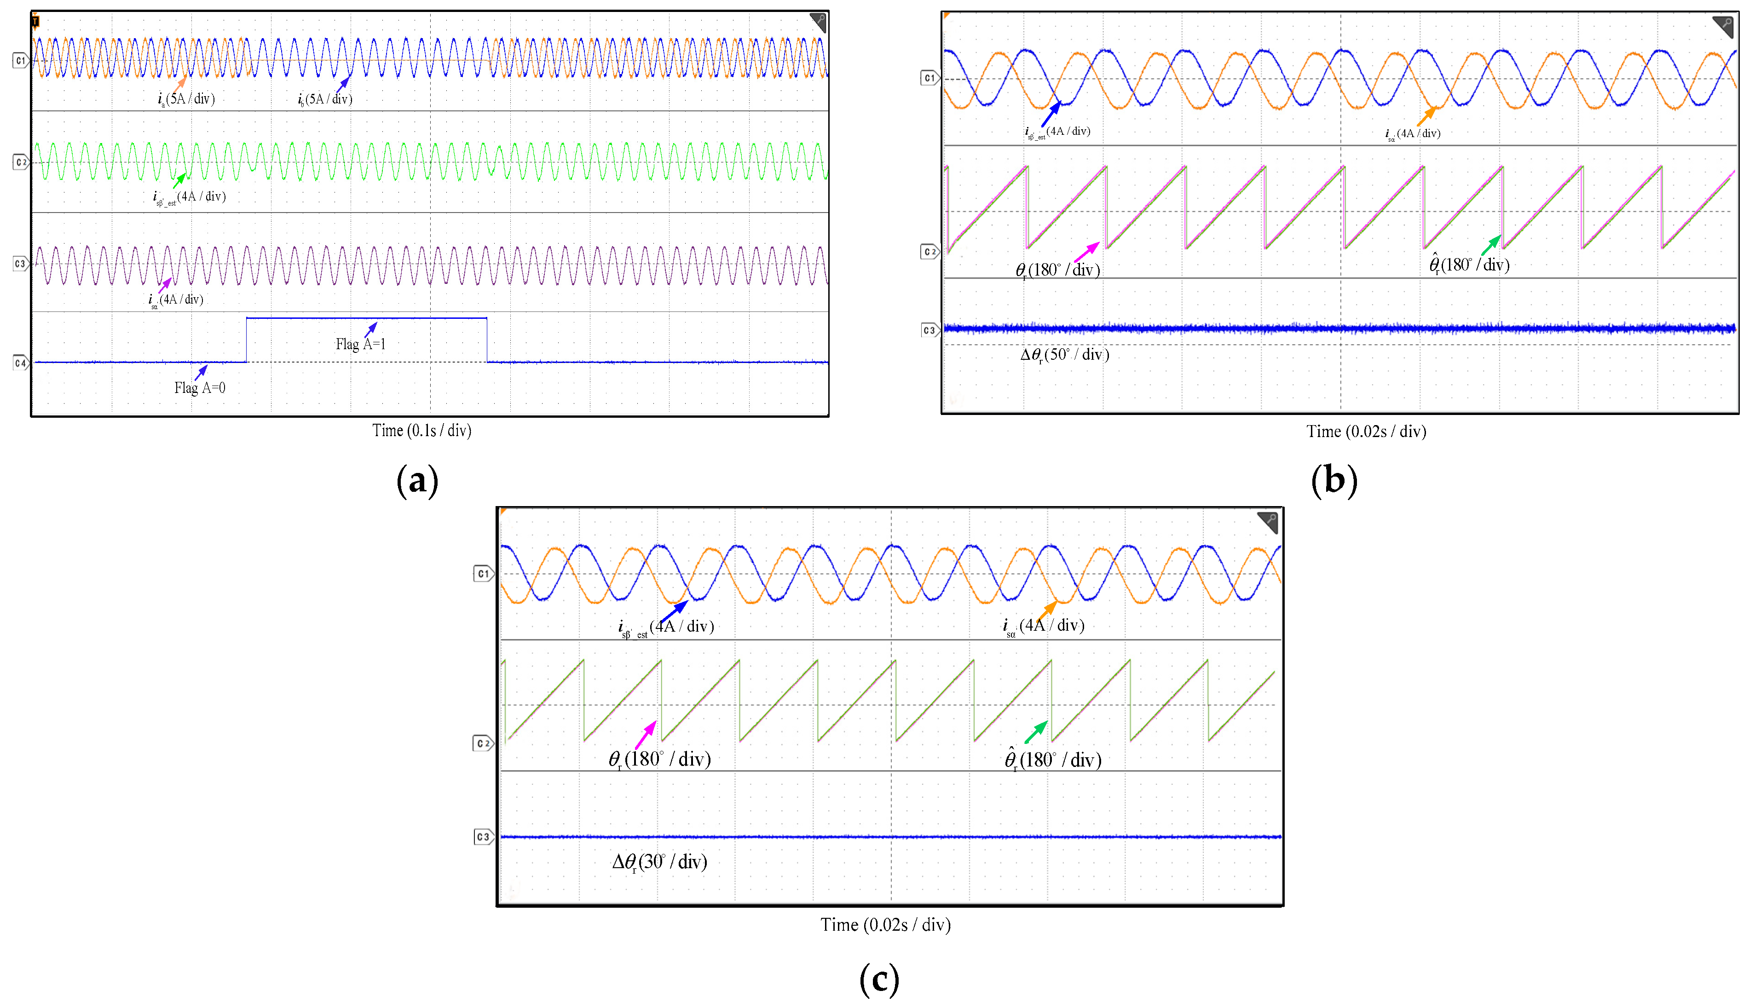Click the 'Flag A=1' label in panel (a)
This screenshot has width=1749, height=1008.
pos(360,344)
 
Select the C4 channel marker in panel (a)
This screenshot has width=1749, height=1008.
pos(21,363)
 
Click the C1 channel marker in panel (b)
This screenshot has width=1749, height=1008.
pos(929,78)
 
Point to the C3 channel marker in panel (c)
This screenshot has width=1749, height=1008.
pos(483,837)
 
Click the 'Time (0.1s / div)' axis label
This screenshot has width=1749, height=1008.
pos(421,431)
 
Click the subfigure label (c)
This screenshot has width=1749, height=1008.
pos(879,979)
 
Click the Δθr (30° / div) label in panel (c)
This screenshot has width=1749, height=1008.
pos(659,862)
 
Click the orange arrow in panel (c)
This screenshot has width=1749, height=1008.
pos(1047,611)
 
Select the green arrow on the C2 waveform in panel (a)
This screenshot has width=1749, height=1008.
pos(179,181)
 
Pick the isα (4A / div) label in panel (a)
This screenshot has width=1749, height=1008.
pos(175,300)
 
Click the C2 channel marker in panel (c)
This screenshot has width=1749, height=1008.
pos(483,743)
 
